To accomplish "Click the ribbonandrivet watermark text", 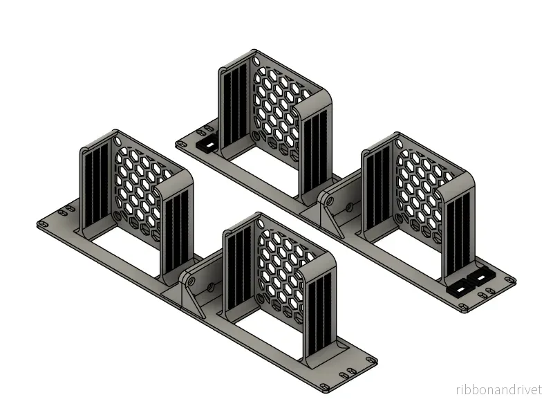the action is pyautogui.click(x=498, y=390).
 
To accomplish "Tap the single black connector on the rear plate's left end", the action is pyautogui.click(x=207, y=144).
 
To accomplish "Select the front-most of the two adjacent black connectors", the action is pyautogui.click(x=461, y=289).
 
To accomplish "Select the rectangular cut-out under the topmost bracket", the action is pyautogui.click(x=263, y=169).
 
